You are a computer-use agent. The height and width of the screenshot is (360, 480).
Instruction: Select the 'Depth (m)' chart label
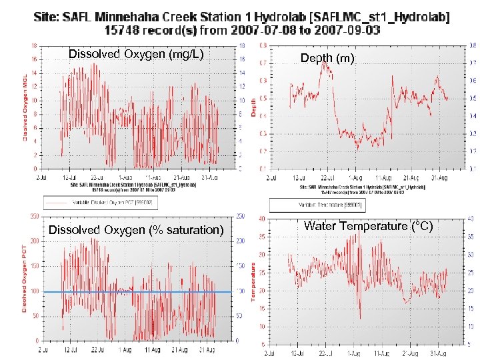click(x=327, y=59)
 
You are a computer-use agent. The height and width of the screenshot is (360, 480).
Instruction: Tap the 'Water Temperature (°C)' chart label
click(x=368, y=226)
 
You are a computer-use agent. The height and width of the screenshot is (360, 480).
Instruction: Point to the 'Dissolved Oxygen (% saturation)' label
click(x=137, y=230)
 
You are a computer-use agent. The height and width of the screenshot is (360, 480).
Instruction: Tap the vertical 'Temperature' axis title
click(x=254, y=281)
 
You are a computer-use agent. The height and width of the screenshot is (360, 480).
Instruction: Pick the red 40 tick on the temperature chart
click(x=263, y=219)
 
